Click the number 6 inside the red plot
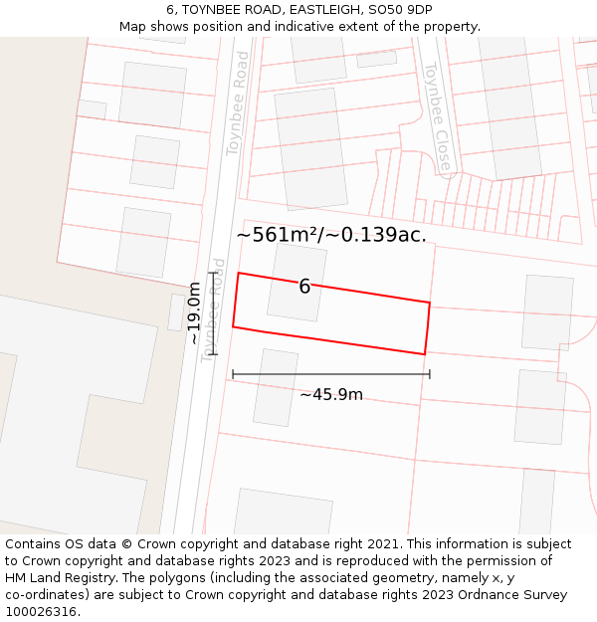click(x=304, y=287)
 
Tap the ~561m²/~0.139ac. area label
click(x=331, y=235)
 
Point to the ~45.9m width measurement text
click(x=331, y=395)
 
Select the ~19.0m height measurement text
click(x=194, y=312)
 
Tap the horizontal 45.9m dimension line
click(x=331, y=374)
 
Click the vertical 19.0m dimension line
click(x=213, y=313)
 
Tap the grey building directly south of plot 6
click(x=276, y=387)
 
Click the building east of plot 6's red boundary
click(x=547, y=312)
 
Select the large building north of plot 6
click(x=310, y=148)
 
